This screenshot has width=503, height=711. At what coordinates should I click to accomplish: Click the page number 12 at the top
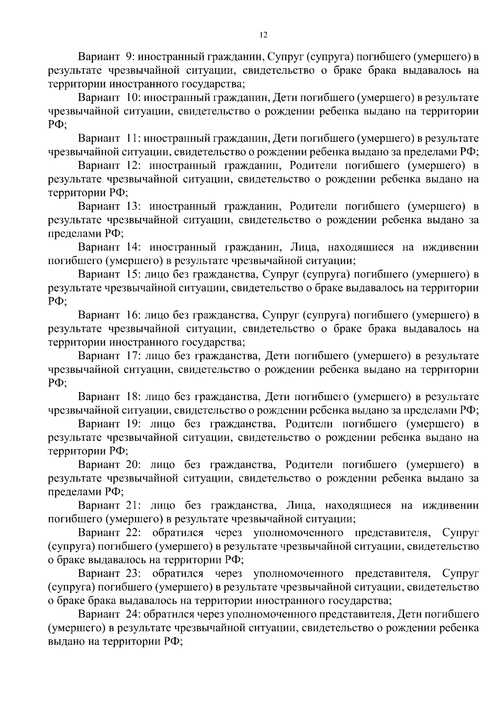point(263,35)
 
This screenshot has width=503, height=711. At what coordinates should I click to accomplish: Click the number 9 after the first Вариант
point(129,57)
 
